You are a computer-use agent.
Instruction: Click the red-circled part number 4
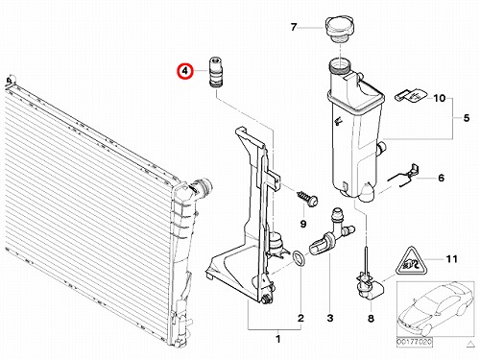pyautogui.click(x=185, y=71)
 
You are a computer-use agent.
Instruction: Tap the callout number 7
pyautogui.click(x=294, y=27)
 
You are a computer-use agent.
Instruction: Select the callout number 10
pyautogui.click(x=440, y=98)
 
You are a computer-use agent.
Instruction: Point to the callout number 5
pyautogui.click(x=467, y=118)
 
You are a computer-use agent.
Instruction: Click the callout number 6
pyautogui.click(x=441, y=178)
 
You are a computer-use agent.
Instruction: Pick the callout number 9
pyautogui.click(x=303, y=224)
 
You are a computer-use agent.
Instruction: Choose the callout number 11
pyautogui.click(x=451, y=258)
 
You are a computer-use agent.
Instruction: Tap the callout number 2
pyautogui.click(x=300, y=318)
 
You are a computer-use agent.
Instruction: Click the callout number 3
pyautogui.click(x=330, y=318)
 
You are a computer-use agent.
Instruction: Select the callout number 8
pyautogui.click(x=371, y=319)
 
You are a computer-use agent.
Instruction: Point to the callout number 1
pyautogui.click(x=278, y=339)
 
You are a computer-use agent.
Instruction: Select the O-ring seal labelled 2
pyautogui.click(x=300, y=258)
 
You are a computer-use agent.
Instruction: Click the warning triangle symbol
pyautogui.click(x=410, y=262)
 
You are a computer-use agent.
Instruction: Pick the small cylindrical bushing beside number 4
pyautogui.click(x=216, y=72)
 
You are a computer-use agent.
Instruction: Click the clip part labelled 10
pyautogui.click(x=411, y=95)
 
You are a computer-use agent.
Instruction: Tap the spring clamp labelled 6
pyautogui.click(x=404, y=177)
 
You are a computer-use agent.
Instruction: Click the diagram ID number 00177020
pyautogui.click(x=415, y=342)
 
